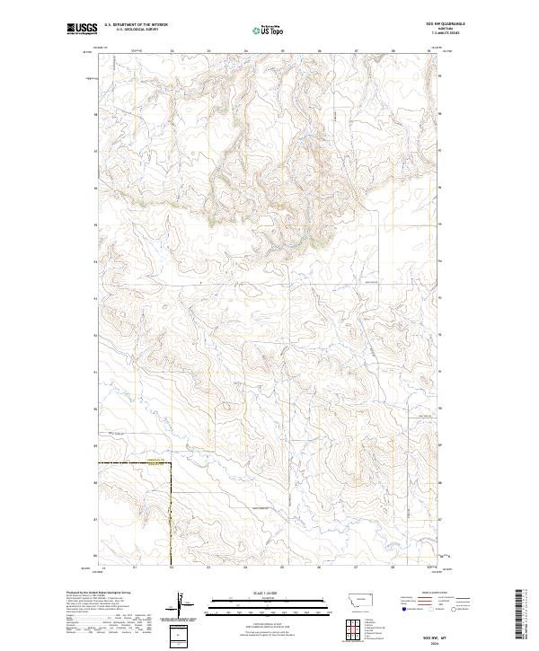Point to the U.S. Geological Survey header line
[x=131, y=31]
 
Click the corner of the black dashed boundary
[x=171, y=462]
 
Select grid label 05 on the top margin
[x=282, y=51]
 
